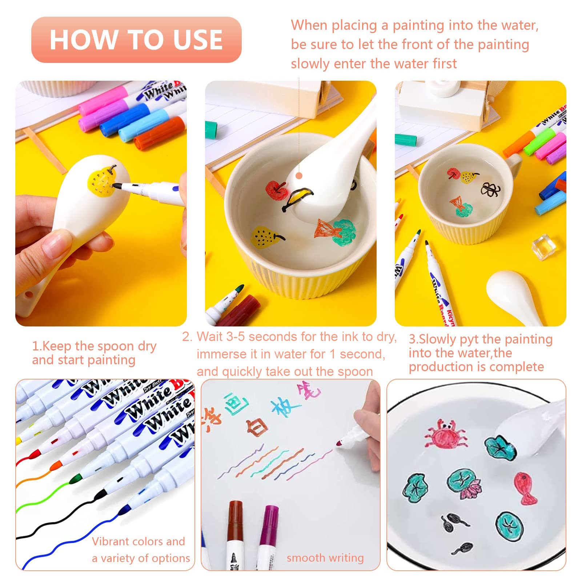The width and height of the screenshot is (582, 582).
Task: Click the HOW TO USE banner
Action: point(136,40)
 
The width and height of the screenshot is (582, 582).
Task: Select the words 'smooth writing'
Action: point(325,558)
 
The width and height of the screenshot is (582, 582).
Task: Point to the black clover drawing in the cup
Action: point(490,189)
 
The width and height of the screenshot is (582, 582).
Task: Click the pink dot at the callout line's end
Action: point(299,176)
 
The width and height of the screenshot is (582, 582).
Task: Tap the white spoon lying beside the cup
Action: point(514,295)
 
